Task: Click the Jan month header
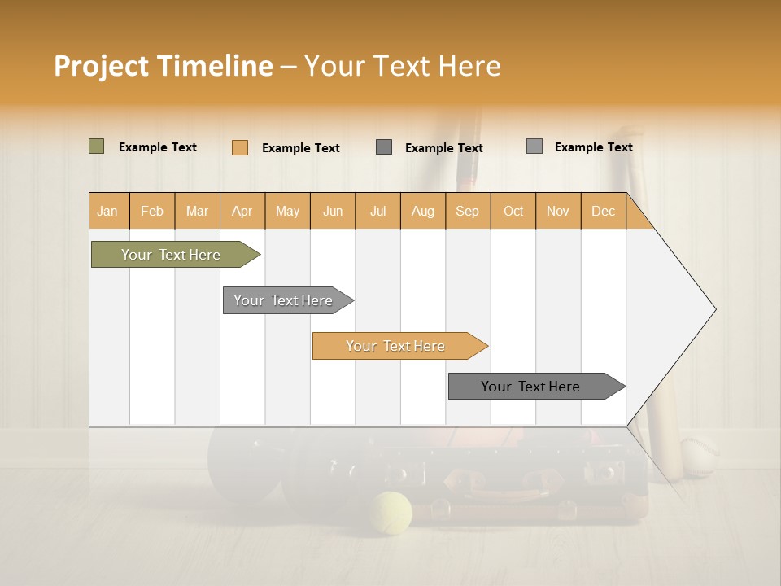(x=108, y=211)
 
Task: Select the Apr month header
(x=242, y=211)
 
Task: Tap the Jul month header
(x=377, y=211)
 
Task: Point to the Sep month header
(x=468, y=211)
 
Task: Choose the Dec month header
(x=603, y=211)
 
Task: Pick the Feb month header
(x=152, y=211)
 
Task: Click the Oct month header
(x=513, y=211)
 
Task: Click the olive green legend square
(x=97, y=146)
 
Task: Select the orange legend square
(x=240, y=147)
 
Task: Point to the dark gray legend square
(x=384, y=147)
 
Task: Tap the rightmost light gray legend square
(x=534, y=146)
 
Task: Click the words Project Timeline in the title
(x=164, y=66)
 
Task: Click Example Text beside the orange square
(x=301, y=148)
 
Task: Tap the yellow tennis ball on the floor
(x=390, y=513)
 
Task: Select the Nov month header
(x=558, y=211)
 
